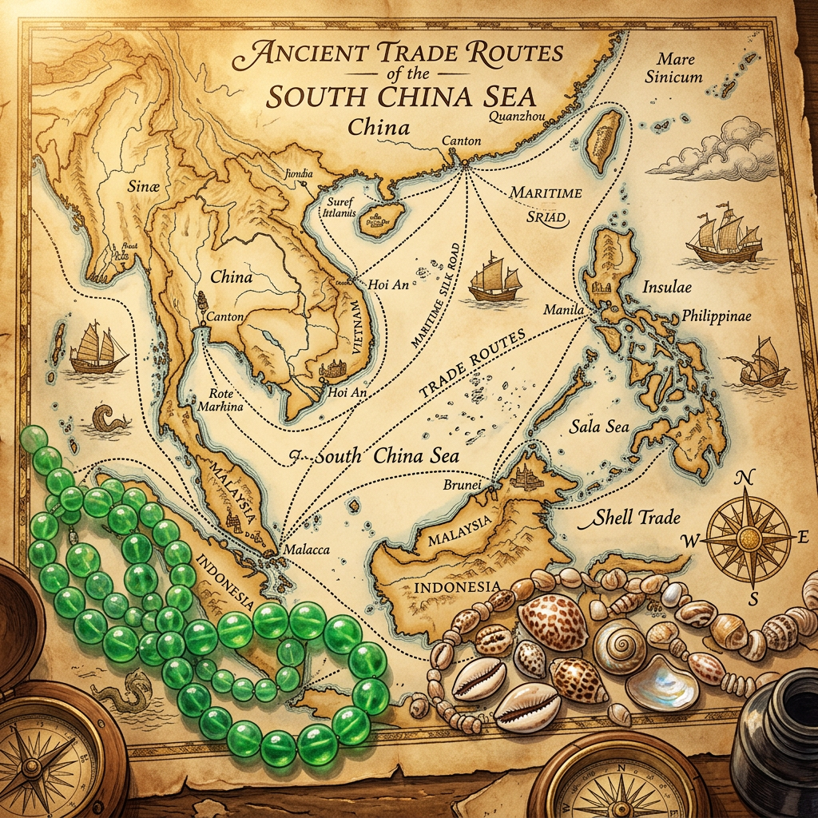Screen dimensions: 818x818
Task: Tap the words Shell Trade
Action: (x=637, y=518)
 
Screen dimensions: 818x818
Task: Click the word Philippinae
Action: (x=717, y=316)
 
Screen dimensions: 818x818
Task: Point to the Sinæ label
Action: (x=145, y=186)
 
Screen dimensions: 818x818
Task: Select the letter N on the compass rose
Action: (x=745, y=478)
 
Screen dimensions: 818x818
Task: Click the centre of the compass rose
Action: (x=745, y=536)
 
